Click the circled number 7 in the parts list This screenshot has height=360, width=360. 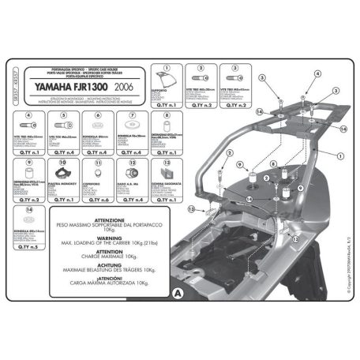(x=165, y=115)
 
